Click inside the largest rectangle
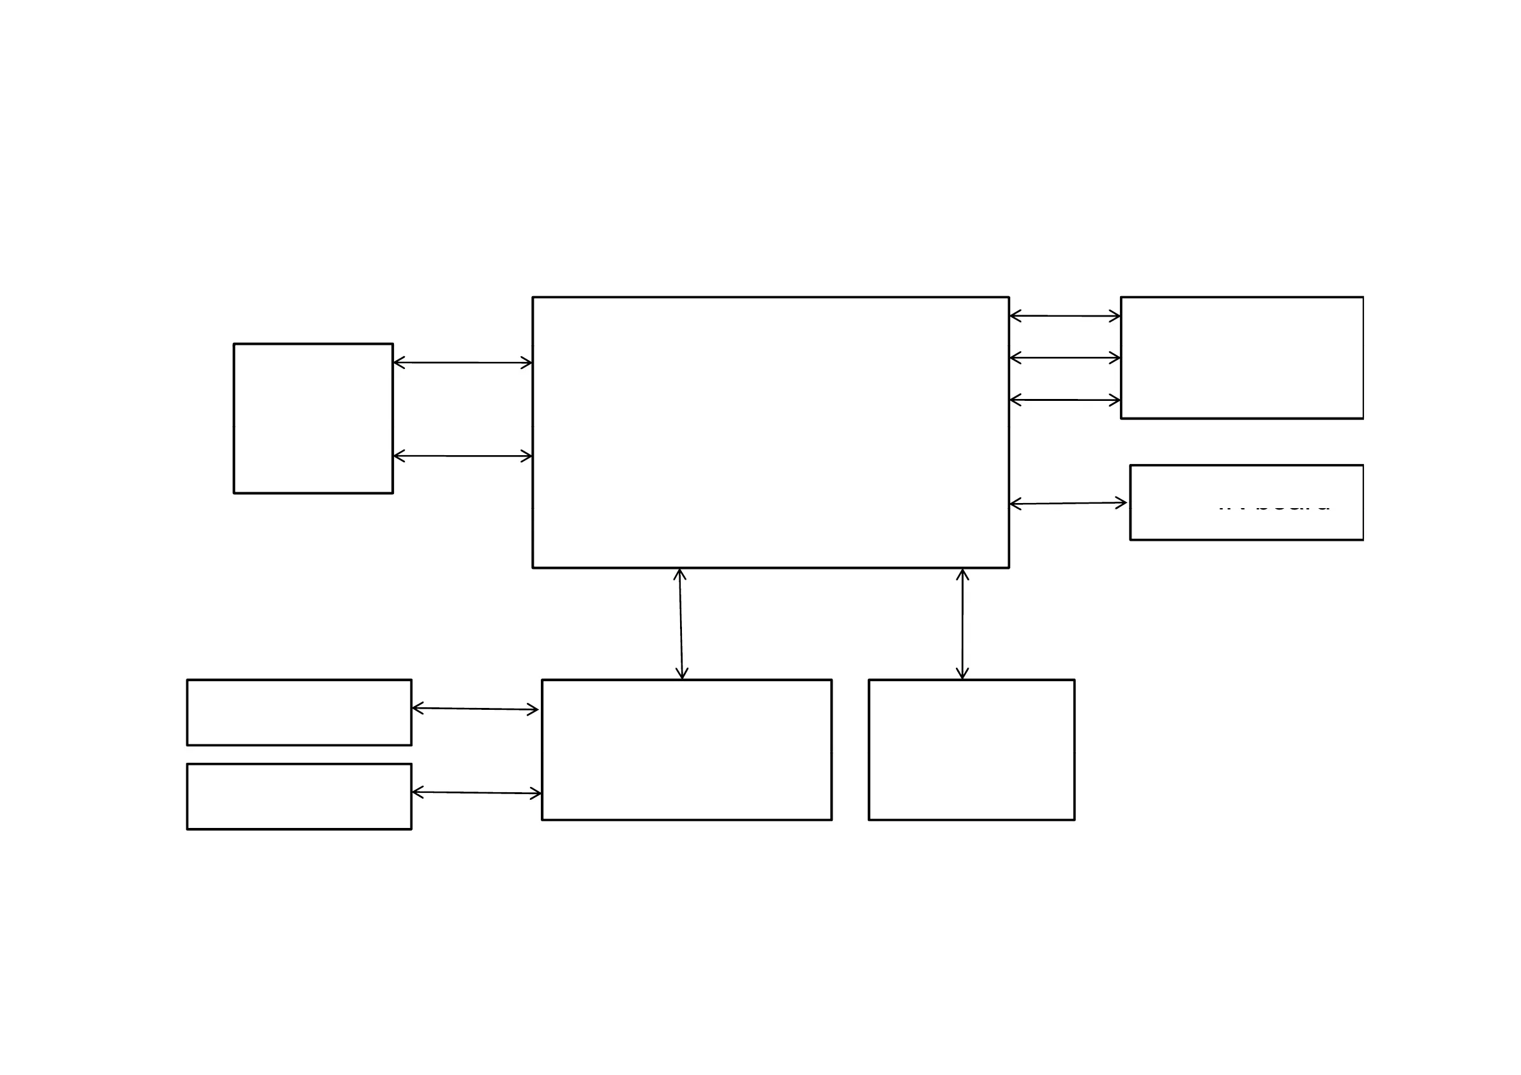[x=771, y=432]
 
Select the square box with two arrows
[x=313, y=418]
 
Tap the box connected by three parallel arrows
[x=1241, y=357]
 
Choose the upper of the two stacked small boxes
[x=299, y=712]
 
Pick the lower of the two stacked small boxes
[x=299, y=796]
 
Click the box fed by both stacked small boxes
[x=686, y=749]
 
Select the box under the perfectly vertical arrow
[x=971, y=749]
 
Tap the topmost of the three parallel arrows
[x=1064, y=316]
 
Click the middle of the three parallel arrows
[x=1064, y=357]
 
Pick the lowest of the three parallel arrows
[x=1064, y=400]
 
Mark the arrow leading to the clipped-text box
[x=1068, y=504]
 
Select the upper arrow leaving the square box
[x=462, y=363]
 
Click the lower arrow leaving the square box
[x=462, y=456]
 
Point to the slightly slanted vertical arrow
[x=680, y=623]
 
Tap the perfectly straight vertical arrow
[x=962, y=623]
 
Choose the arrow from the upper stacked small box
[x=475, y=709]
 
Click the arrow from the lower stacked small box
[x=476, y=792]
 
